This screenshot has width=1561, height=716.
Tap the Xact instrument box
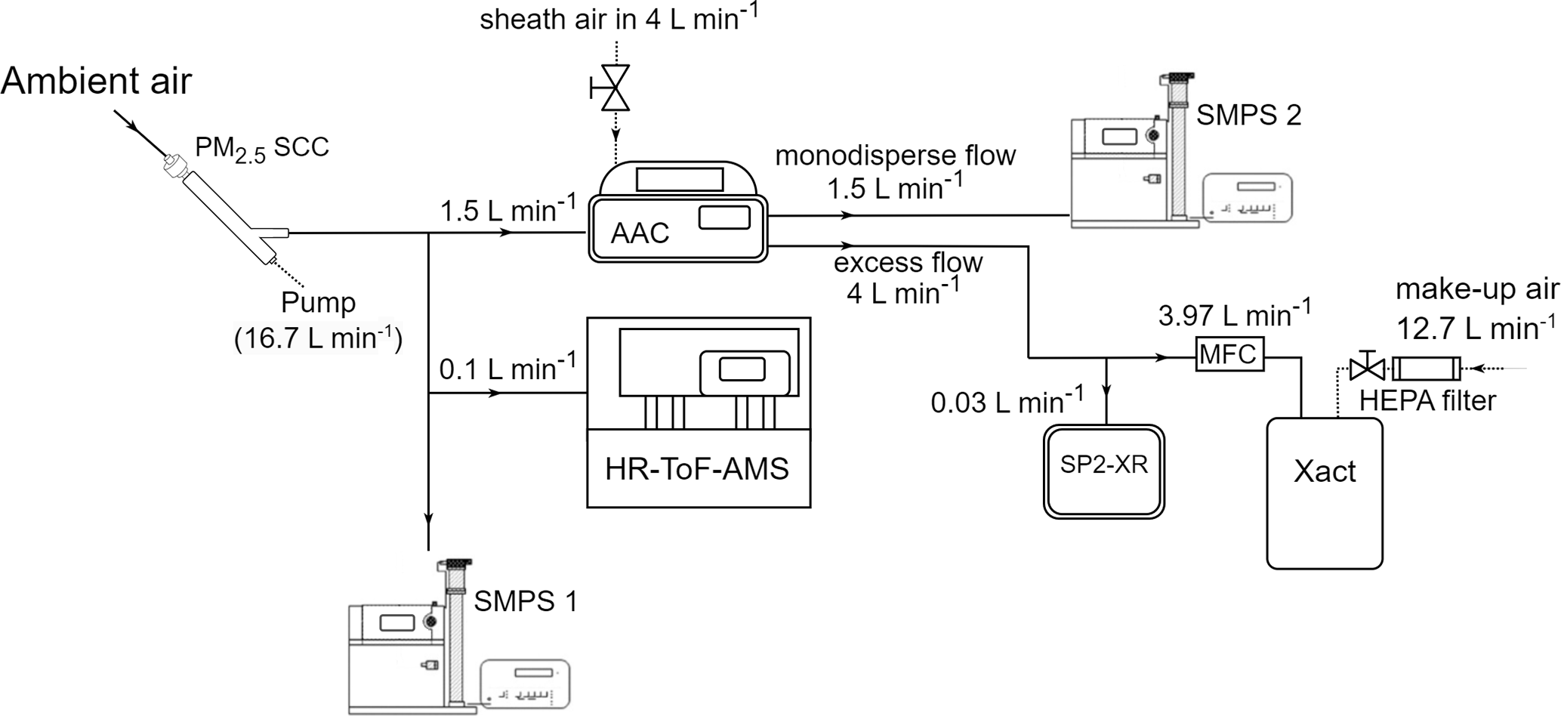coord(1325,492)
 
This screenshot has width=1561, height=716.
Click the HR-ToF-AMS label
coord(697,469)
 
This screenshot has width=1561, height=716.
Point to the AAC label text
coord(640,233)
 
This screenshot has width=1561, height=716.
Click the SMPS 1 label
coord(526,601)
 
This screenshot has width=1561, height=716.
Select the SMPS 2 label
coord(1249,115)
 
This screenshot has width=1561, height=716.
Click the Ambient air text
coord(97,81)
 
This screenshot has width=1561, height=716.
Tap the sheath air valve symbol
coord(615,88)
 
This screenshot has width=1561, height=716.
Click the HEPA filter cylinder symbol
coord(1426,369)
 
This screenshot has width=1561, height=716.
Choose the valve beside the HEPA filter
coord(1366,369)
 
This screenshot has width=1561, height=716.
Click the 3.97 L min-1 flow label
coord(1235,313)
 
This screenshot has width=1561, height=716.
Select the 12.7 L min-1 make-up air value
coord(1476,328)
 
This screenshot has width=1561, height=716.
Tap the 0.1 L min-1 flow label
coord(507,368)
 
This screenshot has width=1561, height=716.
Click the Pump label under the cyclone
coord(318,302)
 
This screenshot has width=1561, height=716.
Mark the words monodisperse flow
coord(895,156)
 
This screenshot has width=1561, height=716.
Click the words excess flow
coord(908,262)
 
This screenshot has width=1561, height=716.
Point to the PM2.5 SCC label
coord(261,147)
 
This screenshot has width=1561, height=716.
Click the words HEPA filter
coord(1427,400)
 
